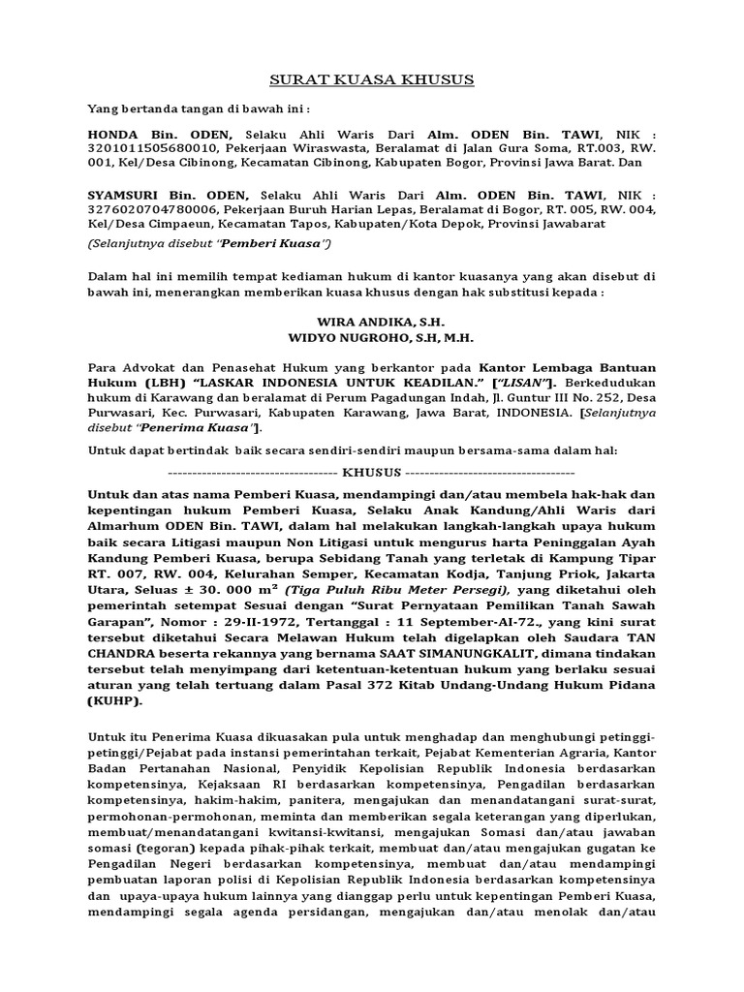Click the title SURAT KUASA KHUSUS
[372, 79]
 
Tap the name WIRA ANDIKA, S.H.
[372, 321]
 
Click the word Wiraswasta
[334, 148]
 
